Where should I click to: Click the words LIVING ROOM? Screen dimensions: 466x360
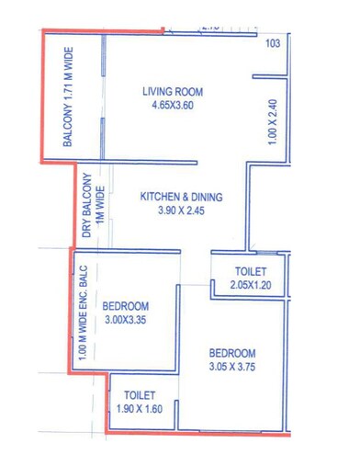[x=172, y=92]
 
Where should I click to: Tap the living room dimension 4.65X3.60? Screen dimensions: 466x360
[x=172, y=106]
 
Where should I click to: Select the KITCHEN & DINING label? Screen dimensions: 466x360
[x=181, y=197]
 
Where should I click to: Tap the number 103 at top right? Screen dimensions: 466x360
[x=272, y=43]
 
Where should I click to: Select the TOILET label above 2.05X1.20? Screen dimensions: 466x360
[x=249, y=272]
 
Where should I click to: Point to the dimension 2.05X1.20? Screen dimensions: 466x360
[x=249, y=286]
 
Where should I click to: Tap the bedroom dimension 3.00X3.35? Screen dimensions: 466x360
[x=125, y=320]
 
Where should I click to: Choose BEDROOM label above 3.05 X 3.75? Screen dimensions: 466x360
[x=232, y=354]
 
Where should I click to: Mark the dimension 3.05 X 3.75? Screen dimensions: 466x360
[x=232, y=368]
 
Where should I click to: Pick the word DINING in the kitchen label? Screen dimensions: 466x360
[x=208, y=197]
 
